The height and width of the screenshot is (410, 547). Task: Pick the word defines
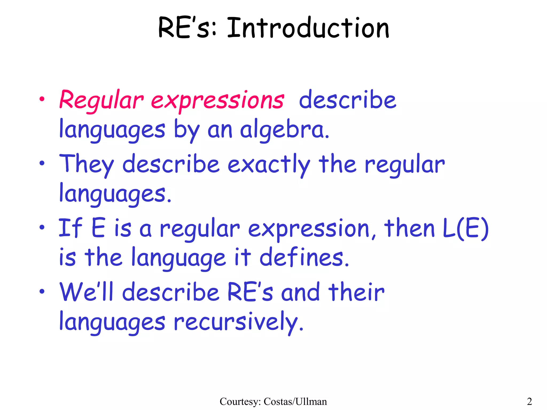coord(304,257)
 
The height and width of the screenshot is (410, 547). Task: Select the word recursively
coord(239,322)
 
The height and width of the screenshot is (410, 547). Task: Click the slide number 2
coord(529,401)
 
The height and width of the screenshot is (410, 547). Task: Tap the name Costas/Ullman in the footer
coord(295,401)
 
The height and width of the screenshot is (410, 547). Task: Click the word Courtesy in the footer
coord(240,401)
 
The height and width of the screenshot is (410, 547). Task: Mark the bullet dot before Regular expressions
coord(42,99)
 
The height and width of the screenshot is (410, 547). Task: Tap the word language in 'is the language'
coord(179,258)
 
